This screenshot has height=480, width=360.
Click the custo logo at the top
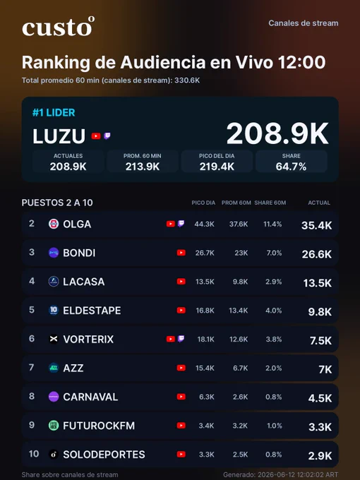tap(58, 27)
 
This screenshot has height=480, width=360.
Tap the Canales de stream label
tap(304, 23)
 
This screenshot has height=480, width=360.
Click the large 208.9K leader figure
tap(277, 133)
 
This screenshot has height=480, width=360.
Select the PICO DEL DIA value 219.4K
tap(217, 167)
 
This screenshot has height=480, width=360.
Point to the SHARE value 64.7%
tap(291, 167)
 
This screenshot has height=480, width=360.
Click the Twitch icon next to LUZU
tap(107, 136)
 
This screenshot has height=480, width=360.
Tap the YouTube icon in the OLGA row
tap(171, 224)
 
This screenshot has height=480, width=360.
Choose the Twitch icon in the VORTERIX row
tap(181, 339)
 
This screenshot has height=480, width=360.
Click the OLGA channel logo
tap(54, 224)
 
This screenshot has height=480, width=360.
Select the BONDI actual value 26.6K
tap(316, 254)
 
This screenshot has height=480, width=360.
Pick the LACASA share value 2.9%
tap(274, 282)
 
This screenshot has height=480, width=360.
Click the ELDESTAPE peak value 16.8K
tap(205, 311)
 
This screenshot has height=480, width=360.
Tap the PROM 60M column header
tap(236, 203)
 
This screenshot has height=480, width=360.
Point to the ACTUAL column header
tap(319, 203)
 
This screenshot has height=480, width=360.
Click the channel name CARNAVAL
tap(90, 397)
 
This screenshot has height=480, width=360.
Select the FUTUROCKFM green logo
tap(54, 425)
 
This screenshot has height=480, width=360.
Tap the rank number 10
tap(34, 454)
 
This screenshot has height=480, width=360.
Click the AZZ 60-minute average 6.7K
tap(240, 368)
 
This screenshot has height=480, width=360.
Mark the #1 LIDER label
tap(54, 113)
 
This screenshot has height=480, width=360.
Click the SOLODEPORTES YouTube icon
tap(181, 455)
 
